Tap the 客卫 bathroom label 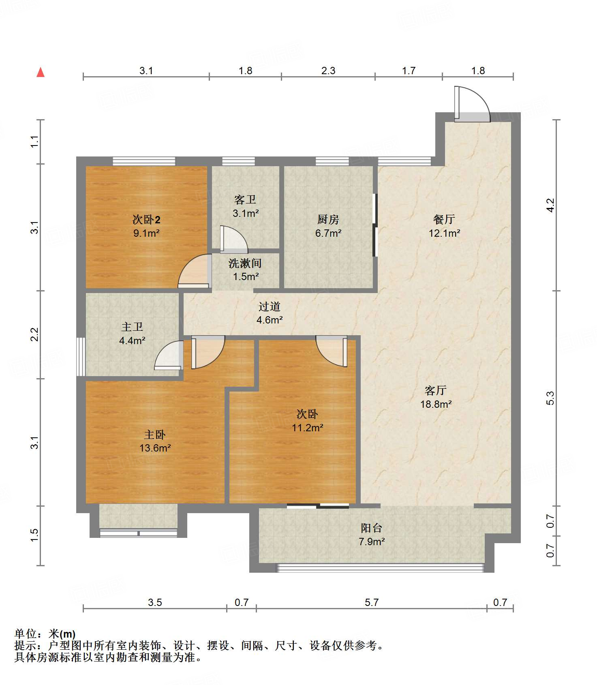pyautogui.click(x=245, y=200)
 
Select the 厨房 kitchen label pyautogui.click(x=328, y=219)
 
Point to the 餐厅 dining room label pyautogui.click(x=444, y=219)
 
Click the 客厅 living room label pyautogui.click(x=436, y=390)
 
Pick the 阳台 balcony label pyautogui.click(x=372, y=528)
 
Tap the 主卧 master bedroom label pyautogui.click(x=155, y=435)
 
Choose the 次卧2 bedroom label pyautogui.click(x=146, y=220)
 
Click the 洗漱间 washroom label pyautogui.click(x=245, y=263)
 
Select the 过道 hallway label pyautogui.click(x=270, y=307)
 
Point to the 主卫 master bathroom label pyautogui.click(x=132, y=327)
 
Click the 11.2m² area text pyautogui.click(x=308, y=428)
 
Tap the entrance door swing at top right pyautogui.click(x=473, y=104)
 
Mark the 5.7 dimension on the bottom pyautogui.click(x=372, y=602)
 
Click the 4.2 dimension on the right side pyautogui.click(x=550, y=205)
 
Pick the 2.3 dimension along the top pyautogui.click(x=328, y=71)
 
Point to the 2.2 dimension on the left pyautogui.click(x=35, y=334)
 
